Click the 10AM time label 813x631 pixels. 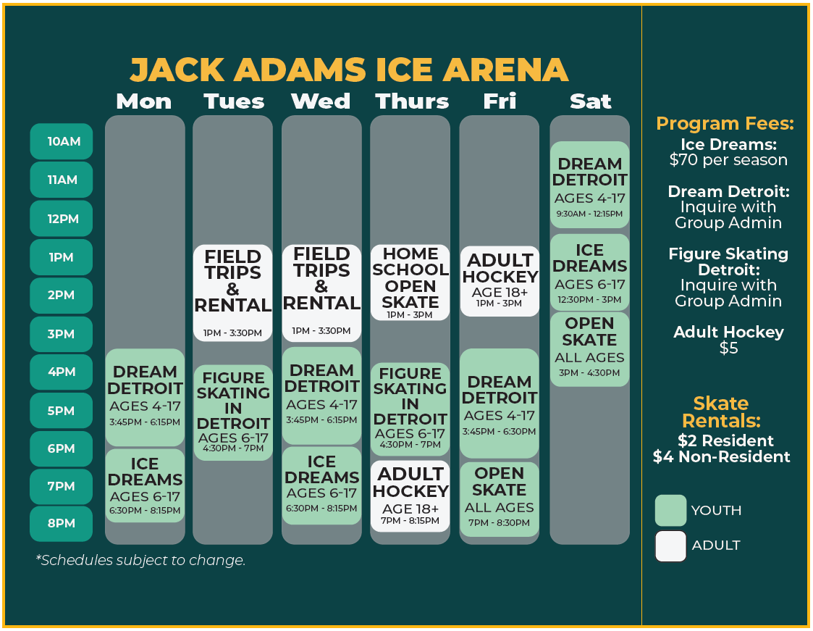[62, 141]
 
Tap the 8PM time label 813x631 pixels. [62, 523]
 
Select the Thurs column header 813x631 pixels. [412, 101]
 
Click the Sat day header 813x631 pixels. [591, 101]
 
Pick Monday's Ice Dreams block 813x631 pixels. [146, 485]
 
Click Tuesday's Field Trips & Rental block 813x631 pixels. [233, 293]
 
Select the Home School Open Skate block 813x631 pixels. [410, 283]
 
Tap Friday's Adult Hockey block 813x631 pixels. [500, 281]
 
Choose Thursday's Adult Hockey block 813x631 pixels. [410, 496]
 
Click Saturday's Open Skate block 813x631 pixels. [589, 349]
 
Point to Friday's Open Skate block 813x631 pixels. [500, 499]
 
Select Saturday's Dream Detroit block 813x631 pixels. [589, 185]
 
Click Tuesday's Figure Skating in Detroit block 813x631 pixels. [233, 412]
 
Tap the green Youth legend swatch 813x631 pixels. [671, 511]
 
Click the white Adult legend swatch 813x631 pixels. [671, 546]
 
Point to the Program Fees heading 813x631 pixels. [725, 123]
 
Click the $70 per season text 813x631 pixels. [728, 160]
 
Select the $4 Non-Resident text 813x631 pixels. [721, 456]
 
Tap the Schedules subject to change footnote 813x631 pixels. [140, 561]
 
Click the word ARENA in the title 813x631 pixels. [505, 70]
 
